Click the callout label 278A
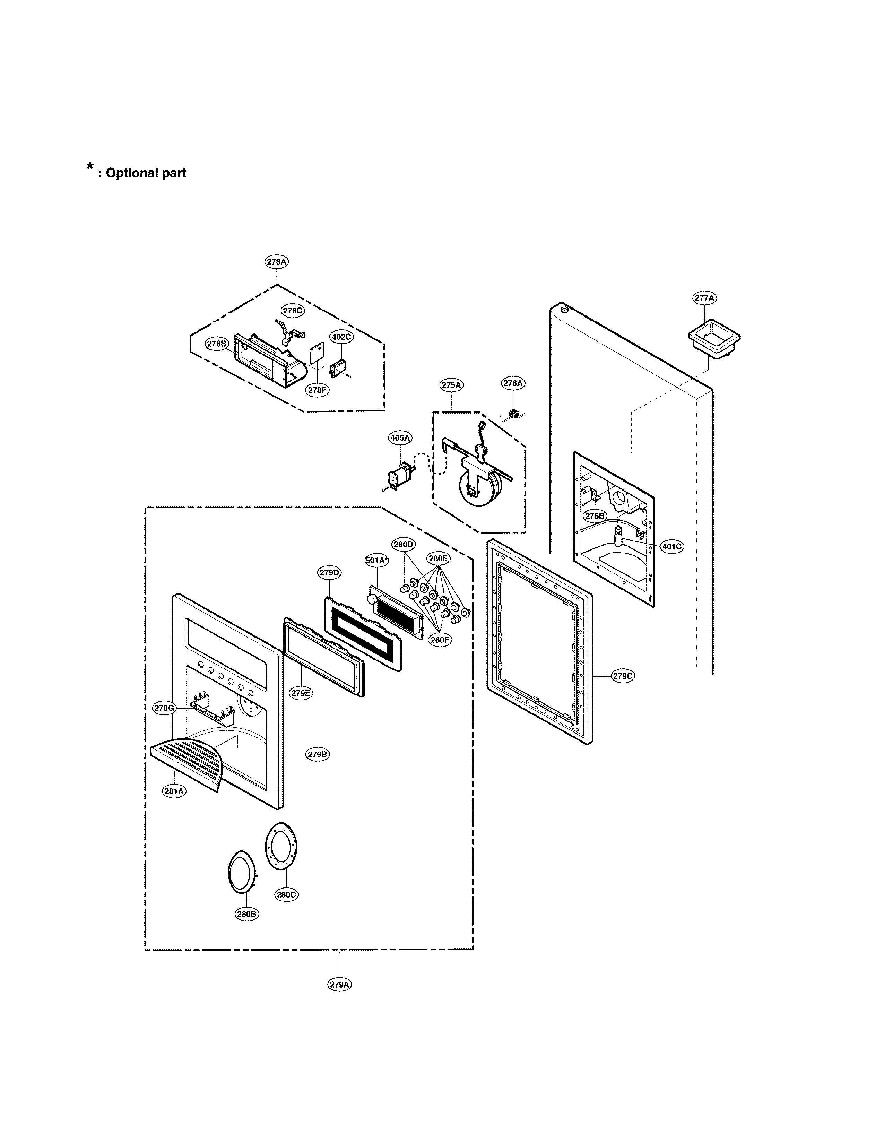pos(277,262)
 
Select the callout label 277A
pos(704,298)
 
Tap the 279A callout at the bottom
pos(339,984)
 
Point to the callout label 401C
pos(671,546)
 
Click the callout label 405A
pos(400,437)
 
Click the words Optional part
pos(146,173)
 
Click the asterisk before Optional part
pos(90,168)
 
